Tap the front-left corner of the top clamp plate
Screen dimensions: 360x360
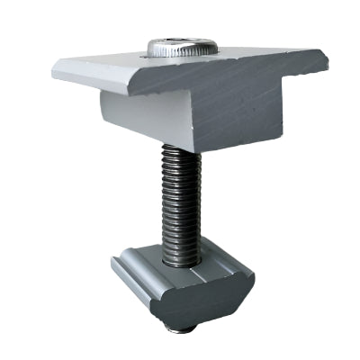pos(133,93)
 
